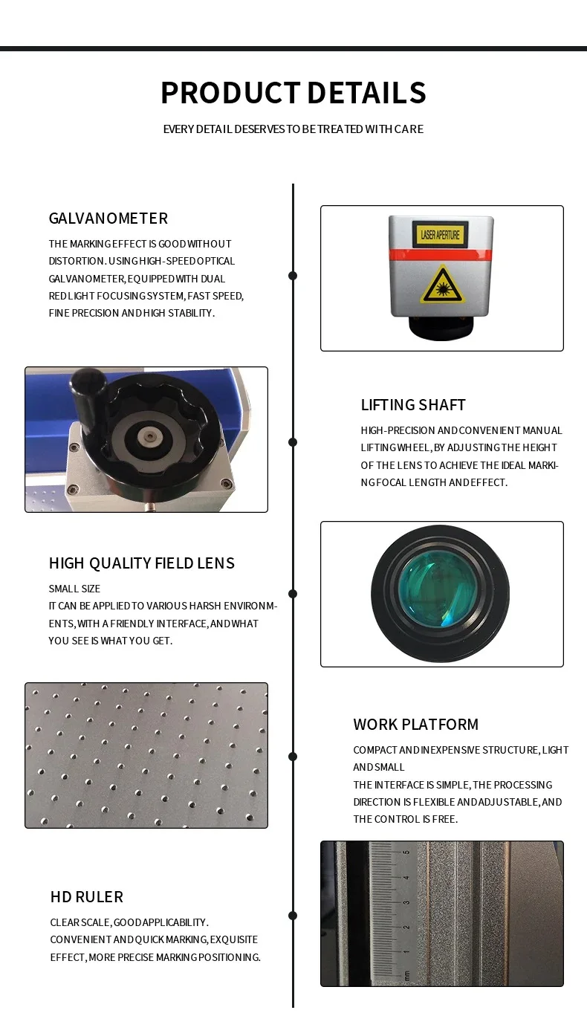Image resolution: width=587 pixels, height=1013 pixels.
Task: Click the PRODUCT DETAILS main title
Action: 293,93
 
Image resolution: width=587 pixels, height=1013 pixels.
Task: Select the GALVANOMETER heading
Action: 108,218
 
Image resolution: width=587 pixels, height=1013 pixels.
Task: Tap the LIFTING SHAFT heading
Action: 413,404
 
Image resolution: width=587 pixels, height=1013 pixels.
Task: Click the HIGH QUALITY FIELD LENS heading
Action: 142,563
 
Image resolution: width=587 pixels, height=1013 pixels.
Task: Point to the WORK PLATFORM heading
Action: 416,724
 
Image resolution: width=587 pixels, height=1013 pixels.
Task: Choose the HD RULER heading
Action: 87,896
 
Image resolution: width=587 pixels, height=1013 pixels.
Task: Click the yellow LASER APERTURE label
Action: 441,235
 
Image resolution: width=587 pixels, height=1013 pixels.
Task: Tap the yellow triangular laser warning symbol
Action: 443,286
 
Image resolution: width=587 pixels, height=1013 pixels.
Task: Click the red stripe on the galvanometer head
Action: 441,255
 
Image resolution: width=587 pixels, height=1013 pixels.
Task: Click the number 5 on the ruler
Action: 406,853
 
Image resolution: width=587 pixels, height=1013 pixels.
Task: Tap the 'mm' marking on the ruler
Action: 406,973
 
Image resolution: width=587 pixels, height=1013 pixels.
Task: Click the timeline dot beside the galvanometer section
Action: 293,276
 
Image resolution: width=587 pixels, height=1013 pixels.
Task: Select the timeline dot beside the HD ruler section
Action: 293,916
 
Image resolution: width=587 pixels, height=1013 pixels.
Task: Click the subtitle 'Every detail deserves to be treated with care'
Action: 293,129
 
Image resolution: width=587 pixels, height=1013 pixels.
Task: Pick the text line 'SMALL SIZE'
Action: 74,589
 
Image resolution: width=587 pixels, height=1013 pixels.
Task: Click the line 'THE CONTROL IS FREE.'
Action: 406,819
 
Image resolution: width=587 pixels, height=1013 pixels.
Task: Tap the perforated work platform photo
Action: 146,755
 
